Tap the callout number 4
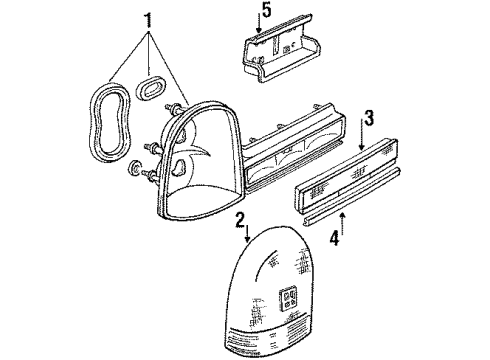(336, 240)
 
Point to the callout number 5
(266, 11)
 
